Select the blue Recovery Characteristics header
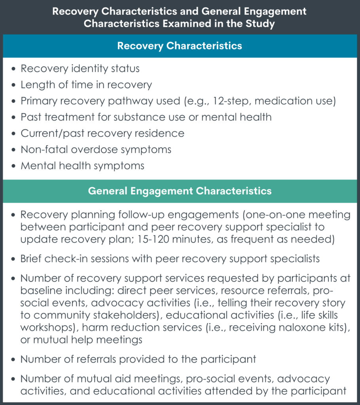(180, 45)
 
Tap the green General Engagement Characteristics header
(180, 191)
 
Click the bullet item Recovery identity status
(80, 68)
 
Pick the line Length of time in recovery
(86, 85)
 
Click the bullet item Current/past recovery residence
(102, 133)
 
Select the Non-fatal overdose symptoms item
(96, 150)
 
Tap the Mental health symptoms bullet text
(82, 166)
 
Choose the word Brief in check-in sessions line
(32, 259)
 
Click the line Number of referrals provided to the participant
(138, 359)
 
